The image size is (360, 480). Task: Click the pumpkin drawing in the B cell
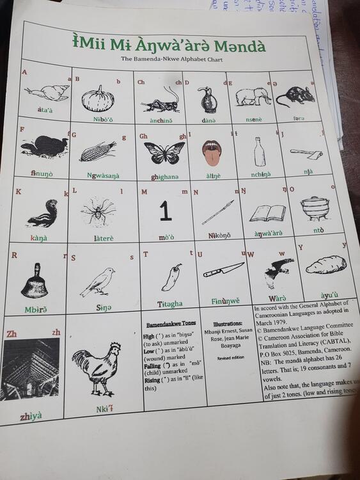coord(98,99)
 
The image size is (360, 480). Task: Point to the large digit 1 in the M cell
coord(166,211)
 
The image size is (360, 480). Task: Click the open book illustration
coord(267,213)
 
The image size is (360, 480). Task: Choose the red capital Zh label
coord(12,334)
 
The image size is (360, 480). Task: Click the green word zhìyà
coord(31,416)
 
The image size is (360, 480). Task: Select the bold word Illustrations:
coord(228,324)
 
